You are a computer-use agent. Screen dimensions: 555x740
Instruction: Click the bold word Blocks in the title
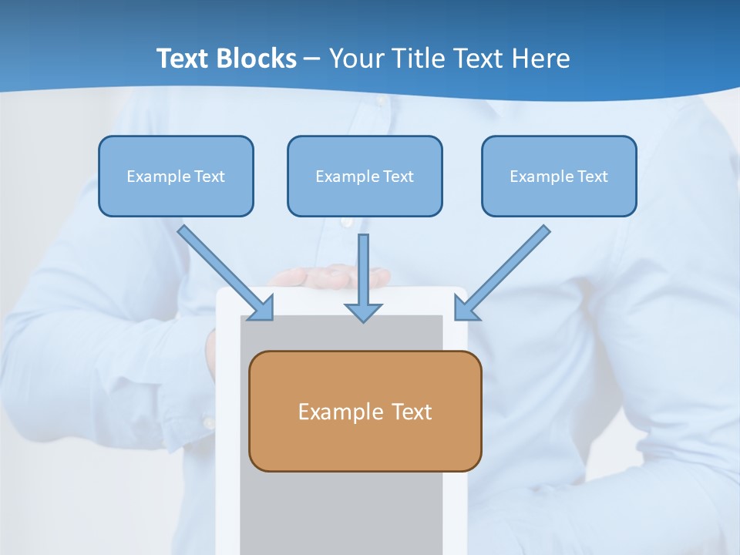tap(257, 59)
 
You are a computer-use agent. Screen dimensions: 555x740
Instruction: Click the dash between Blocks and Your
tap(312, 59)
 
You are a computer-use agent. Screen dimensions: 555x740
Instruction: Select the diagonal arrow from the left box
tap(224, 271)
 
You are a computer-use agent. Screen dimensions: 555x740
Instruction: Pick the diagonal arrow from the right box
tap(505, 271)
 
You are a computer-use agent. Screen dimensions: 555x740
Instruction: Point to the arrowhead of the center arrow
tap(363, 311)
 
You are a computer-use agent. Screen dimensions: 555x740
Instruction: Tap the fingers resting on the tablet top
tap(331, 275)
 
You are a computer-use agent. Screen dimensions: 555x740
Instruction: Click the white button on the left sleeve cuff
tap(207, 422)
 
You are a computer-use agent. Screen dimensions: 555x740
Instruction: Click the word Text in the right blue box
tap(592, 177)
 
